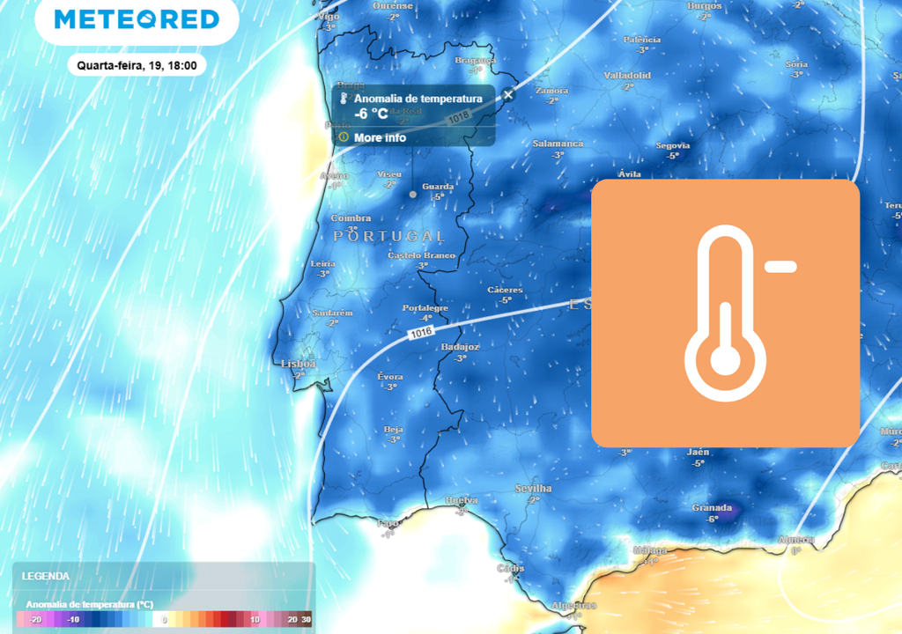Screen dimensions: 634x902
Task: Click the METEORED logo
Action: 137,19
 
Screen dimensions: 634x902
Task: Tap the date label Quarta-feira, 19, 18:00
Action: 137,64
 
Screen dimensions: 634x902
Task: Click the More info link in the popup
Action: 380,137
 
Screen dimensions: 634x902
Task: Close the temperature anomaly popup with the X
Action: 508,95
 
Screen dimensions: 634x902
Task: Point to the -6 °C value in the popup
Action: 371,114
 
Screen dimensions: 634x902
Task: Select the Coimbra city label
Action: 351,218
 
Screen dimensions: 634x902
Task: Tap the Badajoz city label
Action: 460,347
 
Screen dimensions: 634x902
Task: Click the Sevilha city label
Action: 533,488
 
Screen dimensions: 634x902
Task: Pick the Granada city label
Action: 712,507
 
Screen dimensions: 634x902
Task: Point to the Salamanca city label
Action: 558,144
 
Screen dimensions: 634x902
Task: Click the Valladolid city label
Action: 627,76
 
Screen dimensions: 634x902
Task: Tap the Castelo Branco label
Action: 422,255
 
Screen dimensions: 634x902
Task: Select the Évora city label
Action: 390,376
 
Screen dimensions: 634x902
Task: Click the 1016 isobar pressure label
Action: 421,334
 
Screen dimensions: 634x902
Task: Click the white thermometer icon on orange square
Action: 725,313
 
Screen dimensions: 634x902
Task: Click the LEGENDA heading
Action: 46,576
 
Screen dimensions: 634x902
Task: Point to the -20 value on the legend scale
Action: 35,620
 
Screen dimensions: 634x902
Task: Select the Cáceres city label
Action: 505,290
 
